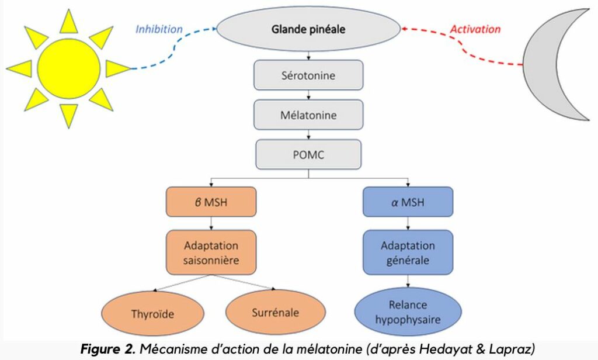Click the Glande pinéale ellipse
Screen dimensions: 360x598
pyautogui.click(x=308, y=29)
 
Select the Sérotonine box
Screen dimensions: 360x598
pyautogui.click(x=308, y=75)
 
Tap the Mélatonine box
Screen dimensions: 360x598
pyautogui.click(x=308, y=115)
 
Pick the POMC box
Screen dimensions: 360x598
pyautogui.click(x=308, y=154)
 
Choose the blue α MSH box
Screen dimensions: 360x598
pyautogui.click(x=408, y=203)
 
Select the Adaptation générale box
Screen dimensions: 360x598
pyautogui.click(x=408, y=252)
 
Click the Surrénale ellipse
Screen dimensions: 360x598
pyautogui.click(x=275, y=312)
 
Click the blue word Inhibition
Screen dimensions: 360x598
pyautogui.click(x=159, y=29)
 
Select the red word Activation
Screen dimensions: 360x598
pyautogui.click(x=475, y=29)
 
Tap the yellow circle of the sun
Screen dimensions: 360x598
pyautogui.click(x=68, y=68)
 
